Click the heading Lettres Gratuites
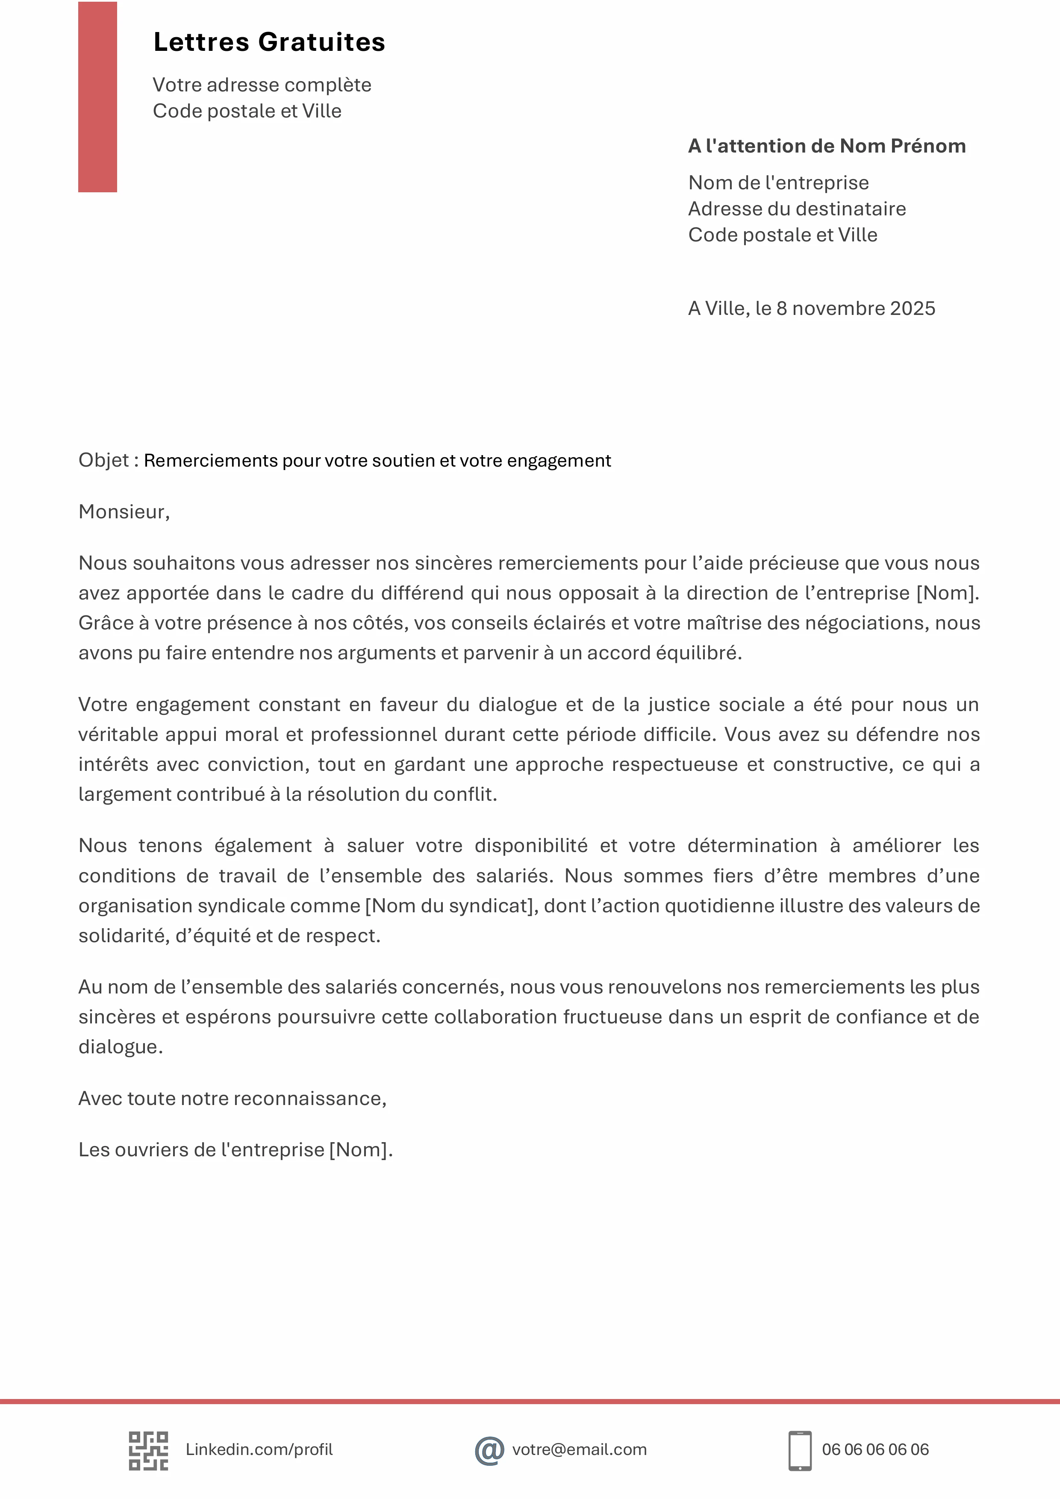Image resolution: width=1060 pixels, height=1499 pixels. (x=269, y=42)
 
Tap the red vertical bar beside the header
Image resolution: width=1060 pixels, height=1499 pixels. (x=97, y=97)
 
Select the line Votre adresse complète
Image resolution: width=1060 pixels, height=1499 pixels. (x=262, y=85)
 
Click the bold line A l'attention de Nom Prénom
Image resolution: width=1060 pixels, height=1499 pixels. (x=827, y=146)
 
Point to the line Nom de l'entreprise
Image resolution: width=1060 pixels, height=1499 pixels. (x=778, y=183)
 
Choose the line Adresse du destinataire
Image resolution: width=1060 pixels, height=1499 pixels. (x=797, y=209)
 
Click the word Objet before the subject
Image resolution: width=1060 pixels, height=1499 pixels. (x=104, y=460)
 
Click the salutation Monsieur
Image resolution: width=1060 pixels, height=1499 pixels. (x=122, y=512)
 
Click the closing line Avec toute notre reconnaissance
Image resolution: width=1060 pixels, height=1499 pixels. (x=232, y=1098)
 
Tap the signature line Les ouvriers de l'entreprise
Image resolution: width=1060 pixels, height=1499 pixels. (x=235, y=1150)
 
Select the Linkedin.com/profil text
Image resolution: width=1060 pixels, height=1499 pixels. (x=259, y=1449)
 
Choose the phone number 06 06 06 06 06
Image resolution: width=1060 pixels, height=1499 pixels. (x=875, y=1449)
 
